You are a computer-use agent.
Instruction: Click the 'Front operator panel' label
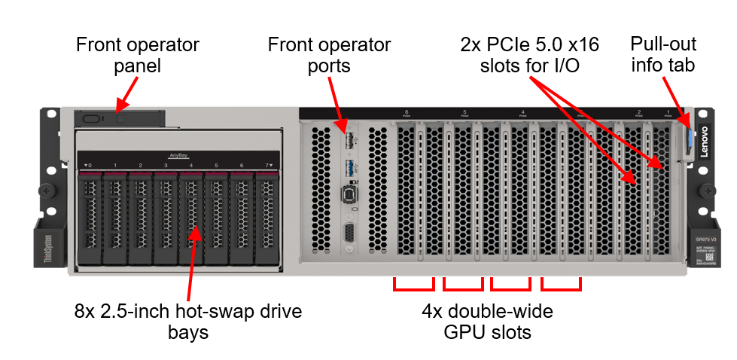tap(137, 55)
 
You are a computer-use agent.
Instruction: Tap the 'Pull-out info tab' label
tap(662, 55)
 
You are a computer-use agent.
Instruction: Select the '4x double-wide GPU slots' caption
tap(488, 321)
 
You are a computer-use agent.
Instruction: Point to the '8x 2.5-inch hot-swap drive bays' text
tap(188, 321)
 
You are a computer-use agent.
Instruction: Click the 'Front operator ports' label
tap(329, 55)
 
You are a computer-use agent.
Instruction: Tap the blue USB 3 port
tap(349, 166)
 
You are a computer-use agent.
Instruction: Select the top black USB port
tap(349, 141)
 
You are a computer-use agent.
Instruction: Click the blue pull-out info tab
tap(687, 142)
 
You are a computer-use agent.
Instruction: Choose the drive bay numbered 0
tap(89, 218)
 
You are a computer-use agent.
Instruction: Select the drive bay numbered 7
tap(266, 218)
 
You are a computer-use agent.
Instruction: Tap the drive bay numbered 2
tap(140, 218)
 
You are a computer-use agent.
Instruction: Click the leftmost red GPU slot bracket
tap(414, 285)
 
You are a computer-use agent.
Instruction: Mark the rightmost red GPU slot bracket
tap(562, 285)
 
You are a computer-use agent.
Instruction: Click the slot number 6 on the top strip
tap(407, 113)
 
